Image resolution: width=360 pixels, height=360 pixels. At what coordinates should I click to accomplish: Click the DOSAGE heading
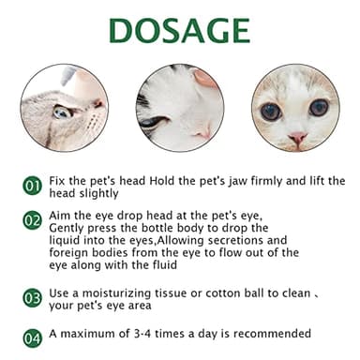179,30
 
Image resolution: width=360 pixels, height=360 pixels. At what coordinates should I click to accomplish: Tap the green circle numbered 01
32,186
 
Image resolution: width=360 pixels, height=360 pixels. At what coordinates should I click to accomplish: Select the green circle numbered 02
32,221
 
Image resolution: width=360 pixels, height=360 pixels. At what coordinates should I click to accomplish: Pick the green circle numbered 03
32,298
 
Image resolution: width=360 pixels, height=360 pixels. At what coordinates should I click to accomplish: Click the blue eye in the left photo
63,112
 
